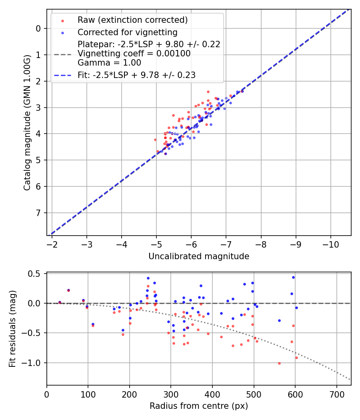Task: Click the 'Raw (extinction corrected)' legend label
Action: click(132, 20)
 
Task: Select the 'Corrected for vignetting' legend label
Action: click(128, 32)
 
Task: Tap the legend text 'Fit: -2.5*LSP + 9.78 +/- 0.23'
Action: click(136, 75)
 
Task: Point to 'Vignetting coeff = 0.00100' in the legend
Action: click(134, 54)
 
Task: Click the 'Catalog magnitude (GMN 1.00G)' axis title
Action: click(27, 122)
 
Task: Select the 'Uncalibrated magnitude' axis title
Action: click(199, 256)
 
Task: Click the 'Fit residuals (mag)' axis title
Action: click(12, 329)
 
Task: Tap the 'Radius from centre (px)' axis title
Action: click(199, 406)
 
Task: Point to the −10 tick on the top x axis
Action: click(330, 244)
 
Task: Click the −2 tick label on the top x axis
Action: click(52, 244)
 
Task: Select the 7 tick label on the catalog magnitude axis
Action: click(38, 213)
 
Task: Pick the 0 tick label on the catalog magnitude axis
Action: click(38, 28)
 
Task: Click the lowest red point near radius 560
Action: click(279, 363)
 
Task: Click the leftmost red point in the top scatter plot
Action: click(155, 140)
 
